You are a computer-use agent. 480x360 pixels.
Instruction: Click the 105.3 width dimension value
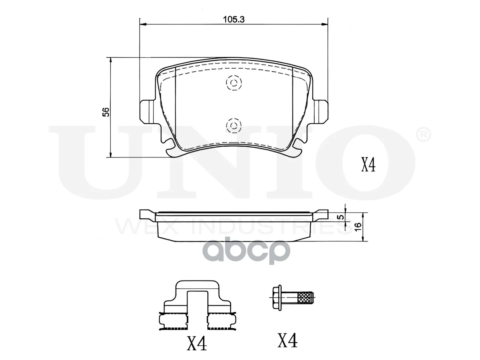point(234,19)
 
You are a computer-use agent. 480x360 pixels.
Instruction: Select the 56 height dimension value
point(106,112)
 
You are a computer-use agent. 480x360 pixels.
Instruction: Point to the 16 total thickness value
point(357,227)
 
